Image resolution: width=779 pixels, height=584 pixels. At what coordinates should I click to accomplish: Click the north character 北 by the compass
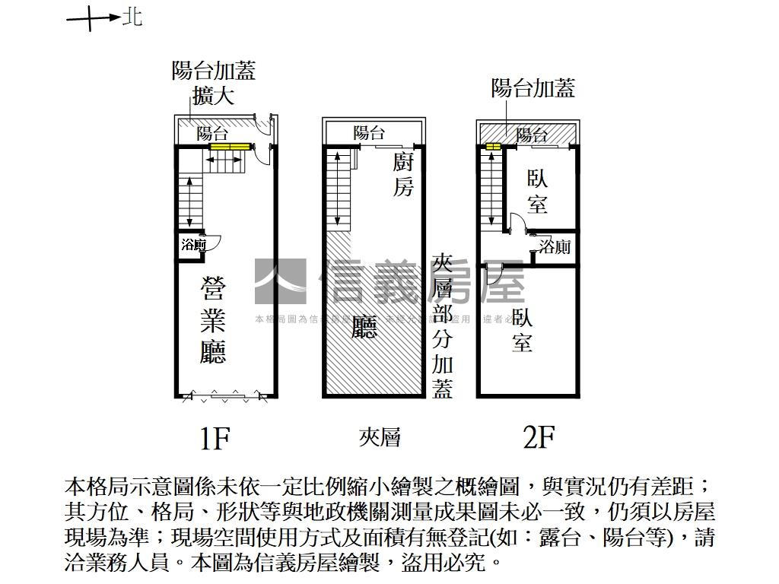132,17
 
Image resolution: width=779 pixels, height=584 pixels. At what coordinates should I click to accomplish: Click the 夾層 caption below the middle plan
379,436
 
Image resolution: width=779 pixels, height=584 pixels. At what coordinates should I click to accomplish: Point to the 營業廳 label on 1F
214,321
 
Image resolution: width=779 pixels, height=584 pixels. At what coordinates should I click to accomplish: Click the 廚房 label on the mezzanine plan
403,174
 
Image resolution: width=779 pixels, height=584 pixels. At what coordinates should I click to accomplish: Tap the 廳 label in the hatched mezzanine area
365,328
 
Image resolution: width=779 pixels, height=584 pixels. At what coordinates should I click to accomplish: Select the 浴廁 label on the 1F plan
194,245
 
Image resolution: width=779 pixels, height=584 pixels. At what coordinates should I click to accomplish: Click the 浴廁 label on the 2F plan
555,246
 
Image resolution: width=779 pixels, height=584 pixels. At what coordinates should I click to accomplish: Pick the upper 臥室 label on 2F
538,192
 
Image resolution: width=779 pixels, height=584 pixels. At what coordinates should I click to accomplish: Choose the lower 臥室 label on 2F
522,329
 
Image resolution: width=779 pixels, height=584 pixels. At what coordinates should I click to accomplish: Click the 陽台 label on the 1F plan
212,133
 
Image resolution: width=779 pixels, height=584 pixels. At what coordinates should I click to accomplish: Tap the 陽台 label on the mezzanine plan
369,133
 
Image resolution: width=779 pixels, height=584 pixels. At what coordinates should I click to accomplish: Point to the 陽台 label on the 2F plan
532,135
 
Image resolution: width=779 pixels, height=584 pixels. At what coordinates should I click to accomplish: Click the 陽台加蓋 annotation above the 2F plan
533,88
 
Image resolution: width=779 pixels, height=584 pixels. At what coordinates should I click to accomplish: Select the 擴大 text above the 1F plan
213,96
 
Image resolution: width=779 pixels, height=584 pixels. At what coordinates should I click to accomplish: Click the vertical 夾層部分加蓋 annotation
442,327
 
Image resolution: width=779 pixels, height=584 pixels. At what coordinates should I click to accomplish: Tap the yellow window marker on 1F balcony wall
231,146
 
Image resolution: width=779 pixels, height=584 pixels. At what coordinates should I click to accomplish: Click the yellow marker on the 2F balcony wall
493,147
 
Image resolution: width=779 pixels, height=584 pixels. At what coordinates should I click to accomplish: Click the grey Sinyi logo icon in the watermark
279,282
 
